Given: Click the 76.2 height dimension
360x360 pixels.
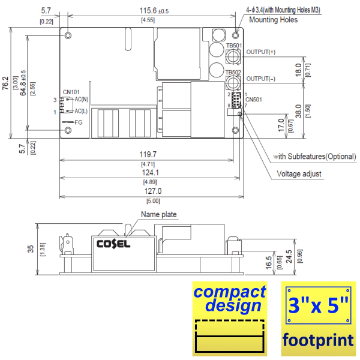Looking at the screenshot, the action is pos(5,83).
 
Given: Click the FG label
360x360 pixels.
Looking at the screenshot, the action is pos(79,122).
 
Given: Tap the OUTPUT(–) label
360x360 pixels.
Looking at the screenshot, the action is pos(261,79).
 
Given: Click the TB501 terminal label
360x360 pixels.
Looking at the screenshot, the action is pos(233,46).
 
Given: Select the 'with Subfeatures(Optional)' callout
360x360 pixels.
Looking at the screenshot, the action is pos(314,157).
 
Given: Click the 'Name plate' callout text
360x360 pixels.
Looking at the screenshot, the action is pos(159,214).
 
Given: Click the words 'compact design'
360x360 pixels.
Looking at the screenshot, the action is pos(230,299).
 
